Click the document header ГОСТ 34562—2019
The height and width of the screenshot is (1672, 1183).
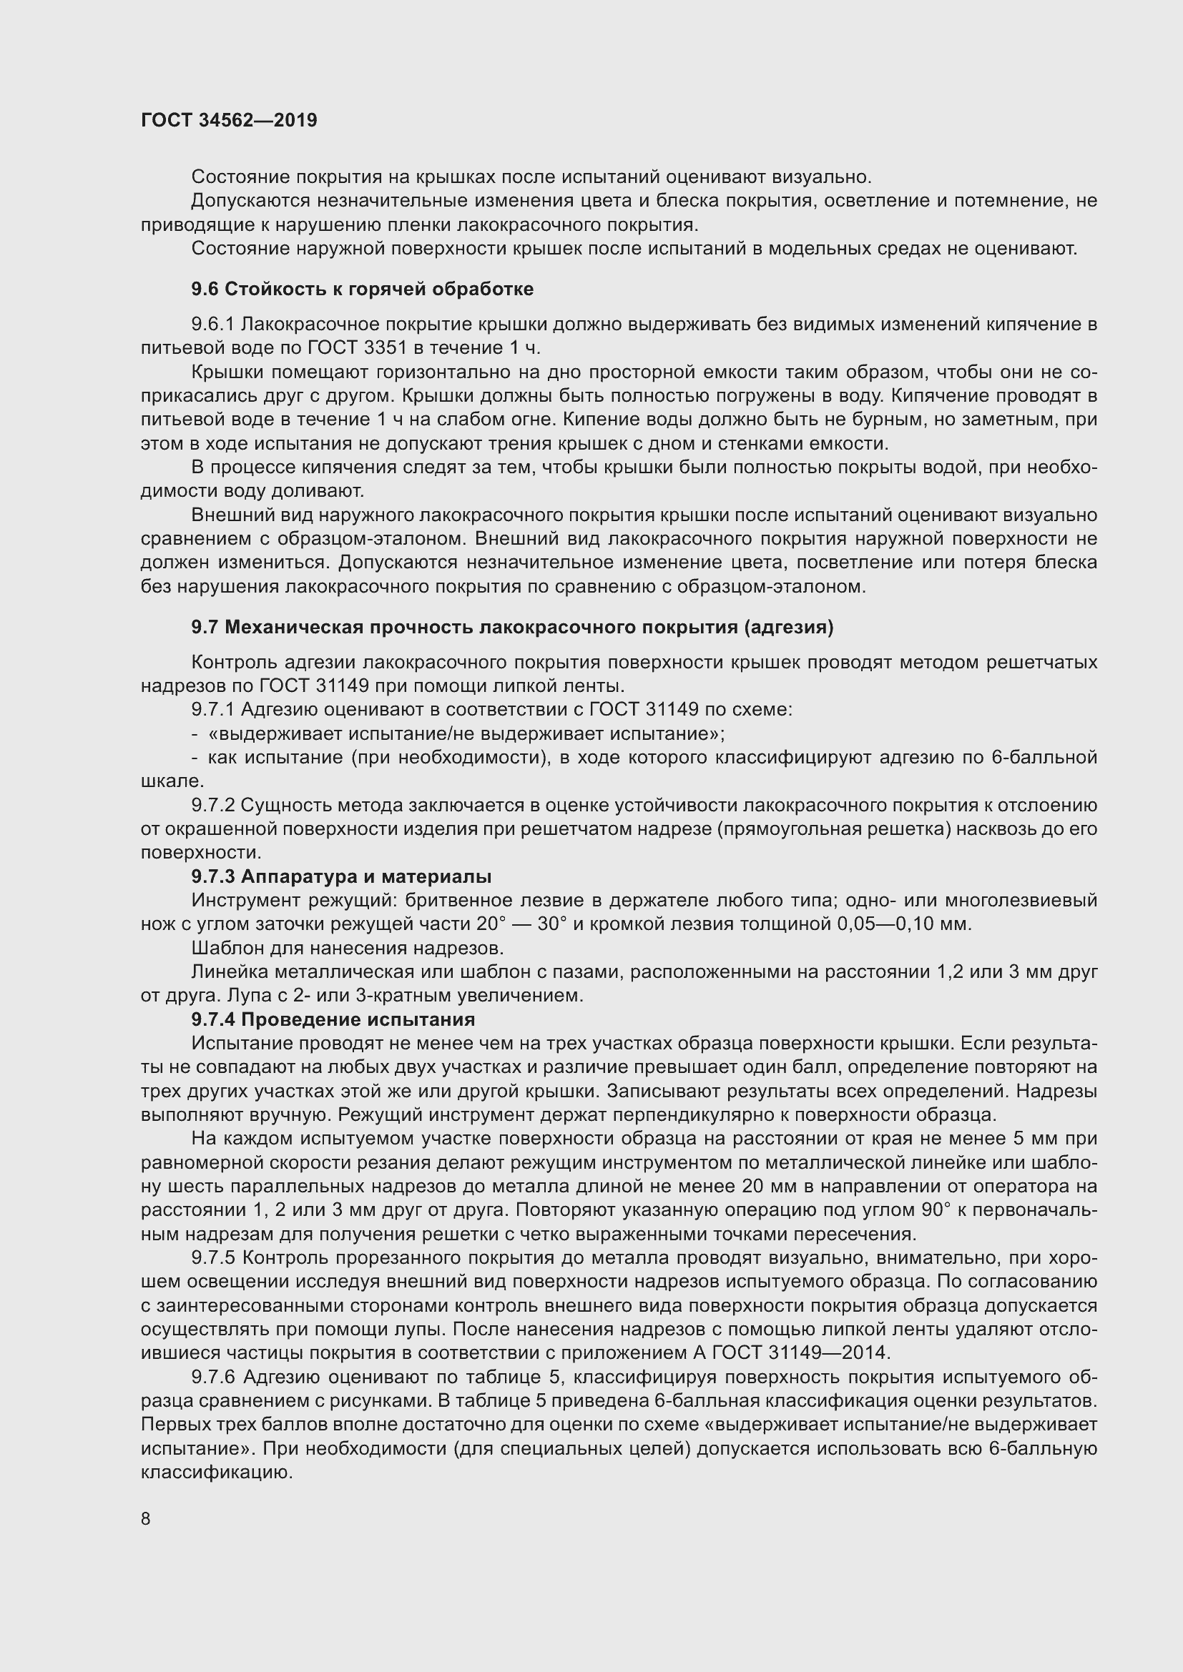pyautogui.click(x=229, y=120)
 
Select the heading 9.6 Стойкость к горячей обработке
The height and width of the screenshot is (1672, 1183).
pyautogui.click(x=362, y=289)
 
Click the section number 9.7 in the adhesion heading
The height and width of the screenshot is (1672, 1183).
pyautogui.click(x=205, y=627)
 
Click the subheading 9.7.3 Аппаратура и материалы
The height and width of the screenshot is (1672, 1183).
pyautogui.click(x=341, y=877)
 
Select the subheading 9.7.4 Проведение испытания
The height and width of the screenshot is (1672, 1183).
pyautogui.click(x=333, y=1019)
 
